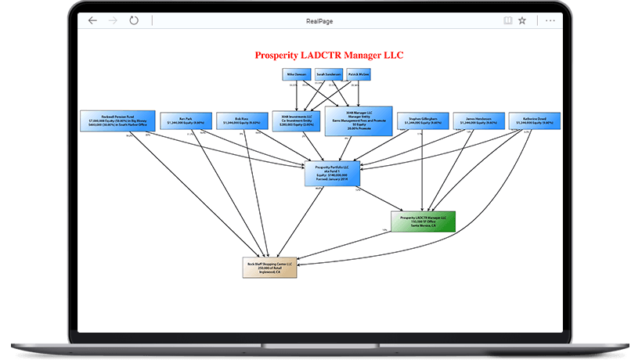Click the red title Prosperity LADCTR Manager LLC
(x=330, y=56)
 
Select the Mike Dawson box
(x=296, y=74)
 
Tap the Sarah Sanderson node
(x=328, y=74)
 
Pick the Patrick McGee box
(x=359, y=74)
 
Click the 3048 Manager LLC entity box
(x=357, y=121)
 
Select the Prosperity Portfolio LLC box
(x=331, y=171)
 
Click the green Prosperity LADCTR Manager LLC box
(x=423, y=221)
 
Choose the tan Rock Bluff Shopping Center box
(x=270, y=267)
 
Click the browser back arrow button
(x=92, y=20)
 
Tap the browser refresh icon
(x=134, y=20)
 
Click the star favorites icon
(x=522, y=20)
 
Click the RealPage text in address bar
(x=321, y=21)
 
